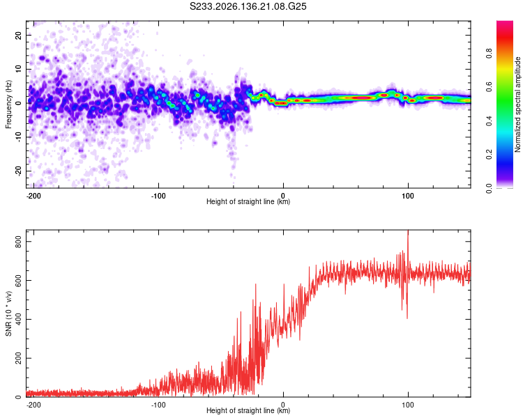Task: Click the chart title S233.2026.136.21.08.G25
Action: coord(248,6)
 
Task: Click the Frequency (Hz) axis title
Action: coord(8,104)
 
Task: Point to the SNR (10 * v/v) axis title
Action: coord(8,313)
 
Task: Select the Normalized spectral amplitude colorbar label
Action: coord(517,104)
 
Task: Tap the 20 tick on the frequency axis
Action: coord(18,35)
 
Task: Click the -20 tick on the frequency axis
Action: coord(18,171)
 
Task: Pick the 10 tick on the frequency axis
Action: coord(18,69)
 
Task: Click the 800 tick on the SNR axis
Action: coord(18,241)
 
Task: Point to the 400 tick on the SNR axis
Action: coord(18,319)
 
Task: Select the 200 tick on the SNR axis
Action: coord(18,358)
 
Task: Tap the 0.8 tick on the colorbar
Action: coord(489,54)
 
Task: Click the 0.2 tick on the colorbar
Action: coord(489,155)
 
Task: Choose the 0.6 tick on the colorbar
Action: coord(489,87)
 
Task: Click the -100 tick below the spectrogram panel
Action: coord(158,196)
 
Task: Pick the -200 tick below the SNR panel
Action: coord(33,405)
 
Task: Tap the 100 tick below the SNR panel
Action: coord(408,405)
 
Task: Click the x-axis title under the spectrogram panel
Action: coord(248,201)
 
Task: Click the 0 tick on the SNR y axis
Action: coord(18,397)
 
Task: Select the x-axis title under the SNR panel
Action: coord(248,410)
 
